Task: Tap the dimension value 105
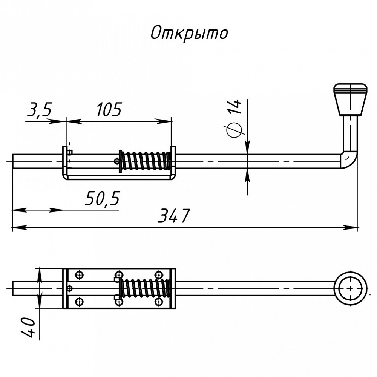tap(109, 109)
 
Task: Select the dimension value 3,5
tap(40, 109)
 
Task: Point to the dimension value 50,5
tap(103, 198)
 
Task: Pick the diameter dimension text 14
tap(234, 107)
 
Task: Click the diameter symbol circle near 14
tap(234, 130)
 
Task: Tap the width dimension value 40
tap(28, 327)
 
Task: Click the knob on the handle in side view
tap(350, 99)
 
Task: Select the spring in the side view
tap(145, 161)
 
